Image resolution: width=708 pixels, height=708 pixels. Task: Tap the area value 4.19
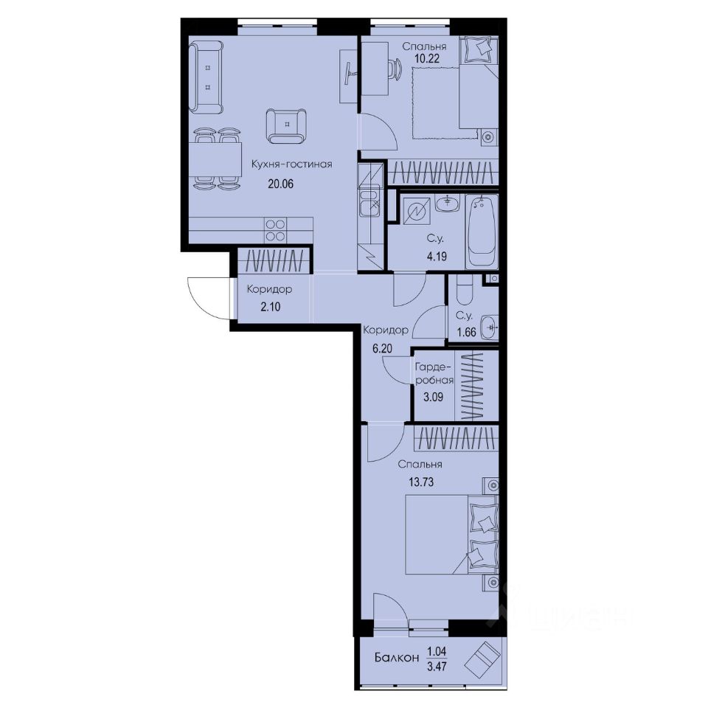(x=435, y=258)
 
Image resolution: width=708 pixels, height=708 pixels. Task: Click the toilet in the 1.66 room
(x=462, y=293)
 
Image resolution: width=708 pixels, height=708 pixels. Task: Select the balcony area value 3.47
(x=436, y=665)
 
